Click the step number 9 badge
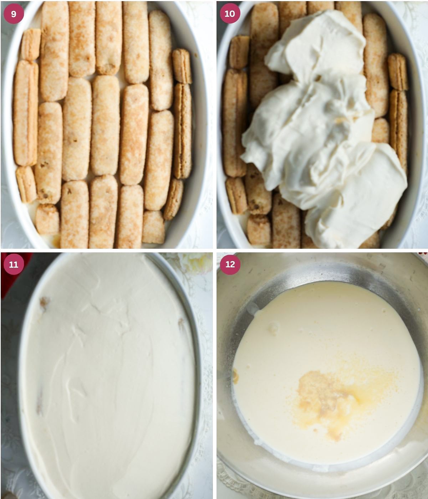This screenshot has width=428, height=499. [x=14, y=14]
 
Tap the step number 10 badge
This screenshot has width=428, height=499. [x=230, y=14]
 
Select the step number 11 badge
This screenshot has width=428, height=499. [x=14, y=264]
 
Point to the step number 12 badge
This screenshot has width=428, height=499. [x=230, y=264]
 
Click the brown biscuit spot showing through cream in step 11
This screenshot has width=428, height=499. [x=45, y=303]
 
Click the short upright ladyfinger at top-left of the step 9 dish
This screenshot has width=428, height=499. [x=31, y=44]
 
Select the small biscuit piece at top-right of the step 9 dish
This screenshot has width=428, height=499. [x=182, y=66]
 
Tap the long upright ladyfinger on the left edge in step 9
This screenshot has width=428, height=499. [x=26, y=112]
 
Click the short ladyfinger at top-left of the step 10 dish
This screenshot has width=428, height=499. [x=239, y=52]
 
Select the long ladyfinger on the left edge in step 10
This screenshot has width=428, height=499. [x=234, y=123]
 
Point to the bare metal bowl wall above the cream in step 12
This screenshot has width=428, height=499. [x=321, y=271]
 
